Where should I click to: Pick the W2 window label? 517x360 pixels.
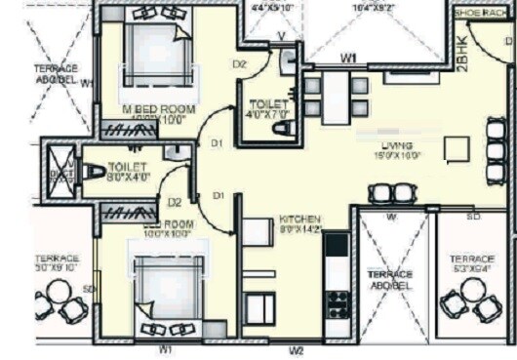pos(297,348)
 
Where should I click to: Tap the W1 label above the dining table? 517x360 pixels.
pos(348,60)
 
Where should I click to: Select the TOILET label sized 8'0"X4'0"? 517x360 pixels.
pos(127,167)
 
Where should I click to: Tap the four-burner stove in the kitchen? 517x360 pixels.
pos(338,303)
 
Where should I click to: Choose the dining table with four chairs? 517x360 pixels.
pos(335,96)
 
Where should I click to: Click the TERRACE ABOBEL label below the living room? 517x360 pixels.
pos(389,280)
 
